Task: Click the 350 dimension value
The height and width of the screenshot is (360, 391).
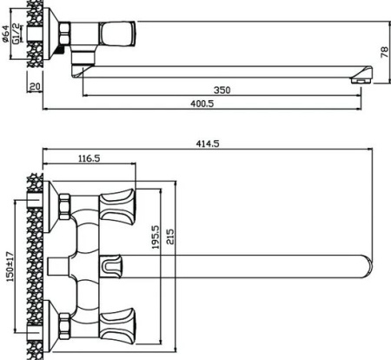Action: click(222, 90)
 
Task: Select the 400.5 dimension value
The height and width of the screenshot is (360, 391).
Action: click(202, 103)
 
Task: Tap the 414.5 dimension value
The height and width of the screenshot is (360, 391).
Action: click(208, 143)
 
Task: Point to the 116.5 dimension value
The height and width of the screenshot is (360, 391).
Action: click(89, 158)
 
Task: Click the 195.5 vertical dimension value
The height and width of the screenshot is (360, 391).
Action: click(156, 237)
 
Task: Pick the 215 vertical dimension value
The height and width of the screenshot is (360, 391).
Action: click(170, 237)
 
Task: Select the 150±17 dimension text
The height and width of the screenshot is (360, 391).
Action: click(10, 267)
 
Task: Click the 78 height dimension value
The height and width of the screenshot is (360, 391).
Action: click(384, 52)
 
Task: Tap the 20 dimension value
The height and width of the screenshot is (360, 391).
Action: click(35, 86)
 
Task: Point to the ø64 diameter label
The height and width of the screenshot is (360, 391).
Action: click(5, 34)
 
